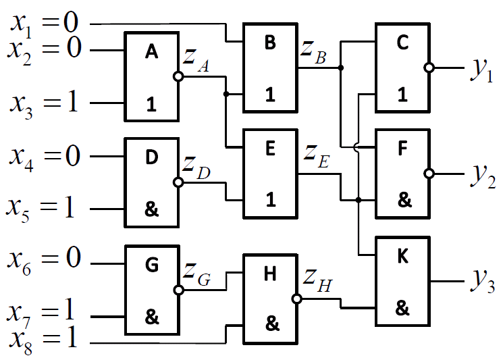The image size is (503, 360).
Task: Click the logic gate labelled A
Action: point(151,76)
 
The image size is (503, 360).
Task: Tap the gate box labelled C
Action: point(402,68)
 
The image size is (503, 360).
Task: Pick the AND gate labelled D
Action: point(151,182)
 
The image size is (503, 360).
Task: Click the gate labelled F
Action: point(402,174)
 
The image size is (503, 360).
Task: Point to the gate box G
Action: point(151,290)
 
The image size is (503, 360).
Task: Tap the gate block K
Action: point(402,281)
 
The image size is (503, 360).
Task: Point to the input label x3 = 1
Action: point(44,103)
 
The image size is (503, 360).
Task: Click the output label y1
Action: point(481,70)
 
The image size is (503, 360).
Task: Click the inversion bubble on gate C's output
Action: point(428,68)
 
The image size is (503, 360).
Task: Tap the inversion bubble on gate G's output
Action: point(178,290)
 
